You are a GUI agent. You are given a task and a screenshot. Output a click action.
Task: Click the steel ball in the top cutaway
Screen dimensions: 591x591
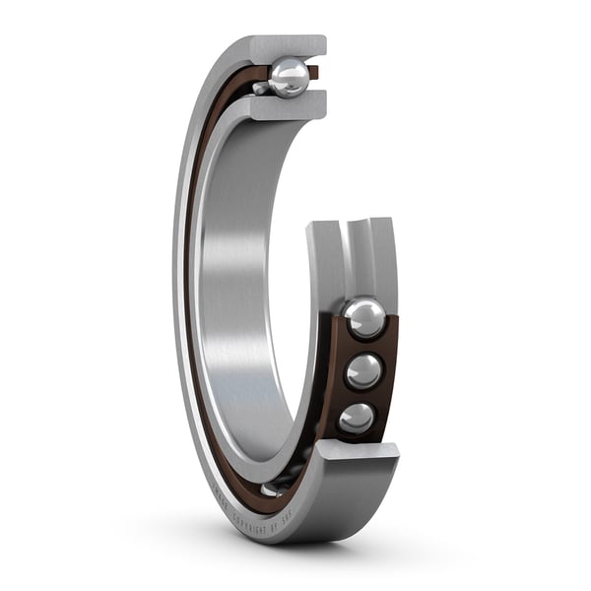[289, 78]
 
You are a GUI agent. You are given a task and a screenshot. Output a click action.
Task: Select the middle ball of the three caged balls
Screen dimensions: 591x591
[362, 370]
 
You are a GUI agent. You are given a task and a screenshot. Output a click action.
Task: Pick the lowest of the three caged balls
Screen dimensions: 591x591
[356, 418]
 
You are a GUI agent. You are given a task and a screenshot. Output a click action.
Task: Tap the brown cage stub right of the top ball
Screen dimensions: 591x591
[313, 72]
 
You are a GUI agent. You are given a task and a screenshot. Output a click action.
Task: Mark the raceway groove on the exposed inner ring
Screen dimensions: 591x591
[358, 256]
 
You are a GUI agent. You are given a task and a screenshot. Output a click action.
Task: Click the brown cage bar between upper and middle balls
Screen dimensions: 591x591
[366, 346]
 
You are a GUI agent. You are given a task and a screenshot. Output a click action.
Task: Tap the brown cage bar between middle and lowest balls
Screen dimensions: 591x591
[361, 395]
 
